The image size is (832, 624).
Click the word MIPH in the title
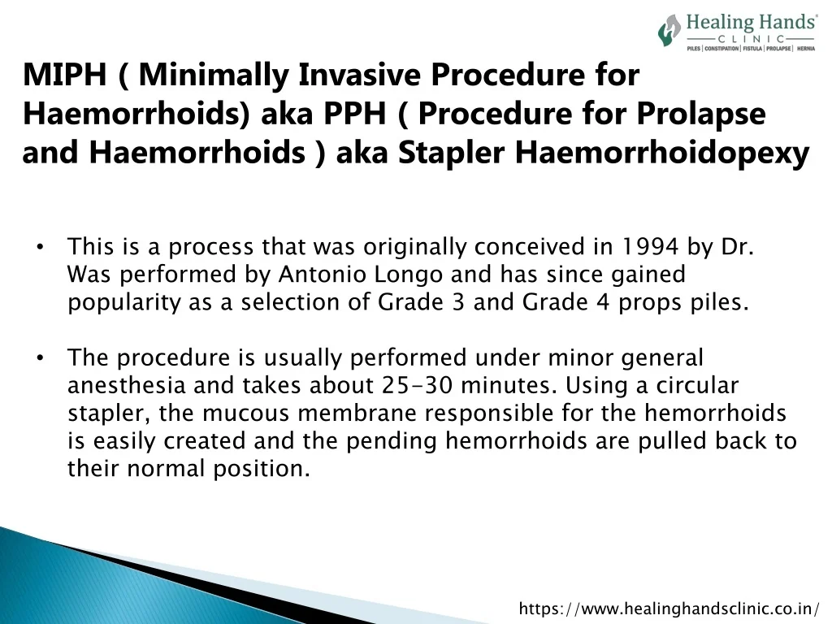tap(65, 74)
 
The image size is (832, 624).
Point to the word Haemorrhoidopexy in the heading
tap(662, 153)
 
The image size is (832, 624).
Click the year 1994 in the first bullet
tap(650, 247)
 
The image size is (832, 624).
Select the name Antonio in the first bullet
tap(322, 275)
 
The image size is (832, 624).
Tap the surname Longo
tap(409, 275)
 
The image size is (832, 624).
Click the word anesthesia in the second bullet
tap(126, 386)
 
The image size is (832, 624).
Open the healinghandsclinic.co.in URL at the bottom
tap(669, 608)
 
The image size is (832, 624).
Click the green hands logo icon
tap(669, 30)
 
